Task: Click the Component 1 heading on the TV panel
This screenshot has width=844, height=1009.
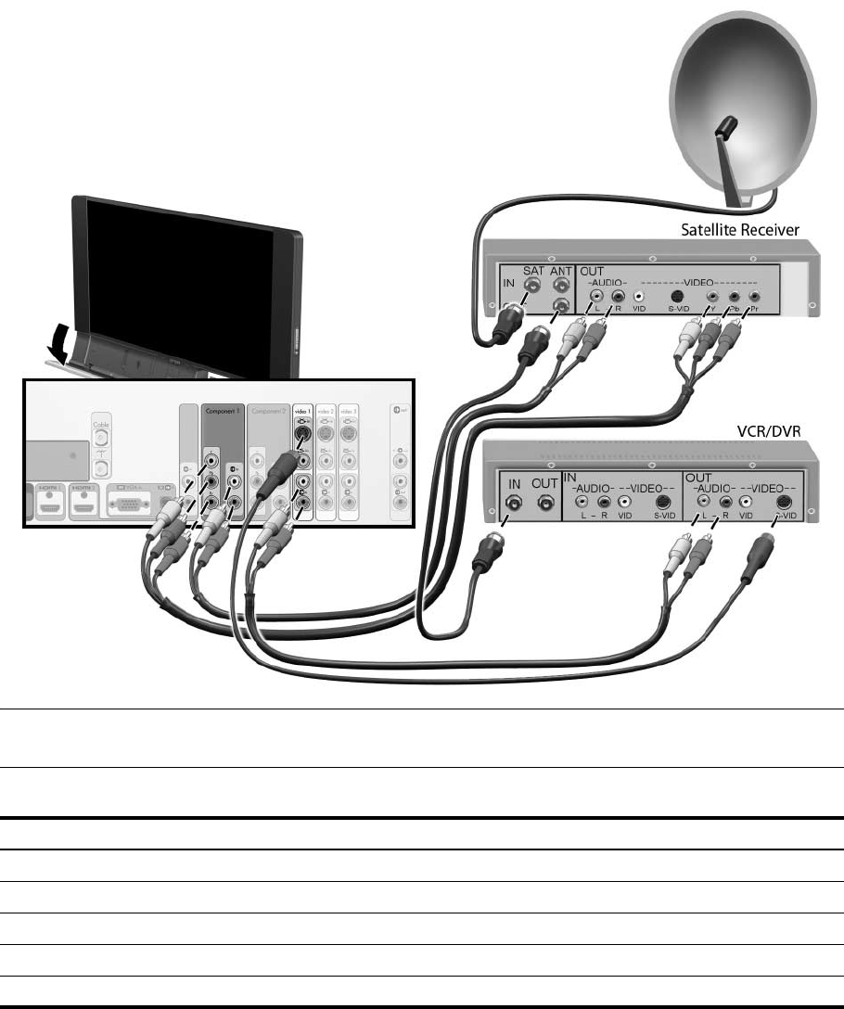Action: point(223,409)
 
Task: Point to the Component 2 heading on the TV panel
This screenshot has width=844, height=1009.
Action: point(269,409)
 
